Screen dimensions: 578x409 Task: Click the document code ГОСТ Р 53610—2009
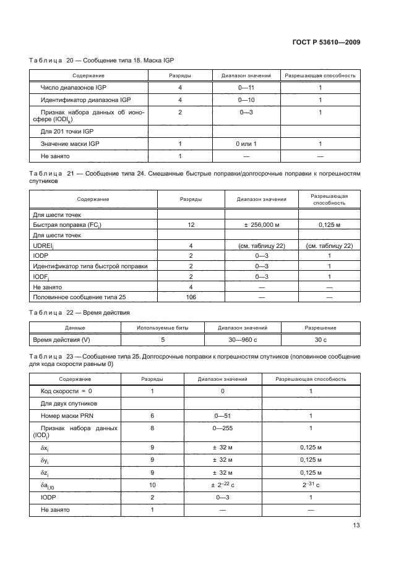(x=326, y=43)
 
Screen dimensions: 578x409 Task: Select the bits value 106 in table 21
(x=192, y=297)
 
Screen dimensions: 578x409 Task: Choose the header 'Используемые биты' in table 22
(x=163, y=328)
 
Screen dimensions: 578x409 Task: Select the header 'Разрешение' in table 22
(x=321, y=328)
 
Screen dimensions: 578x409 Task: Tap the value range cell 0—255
(x=223, y=427)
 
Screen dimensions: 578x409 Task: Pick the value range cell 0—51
(x=223, y=416)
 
